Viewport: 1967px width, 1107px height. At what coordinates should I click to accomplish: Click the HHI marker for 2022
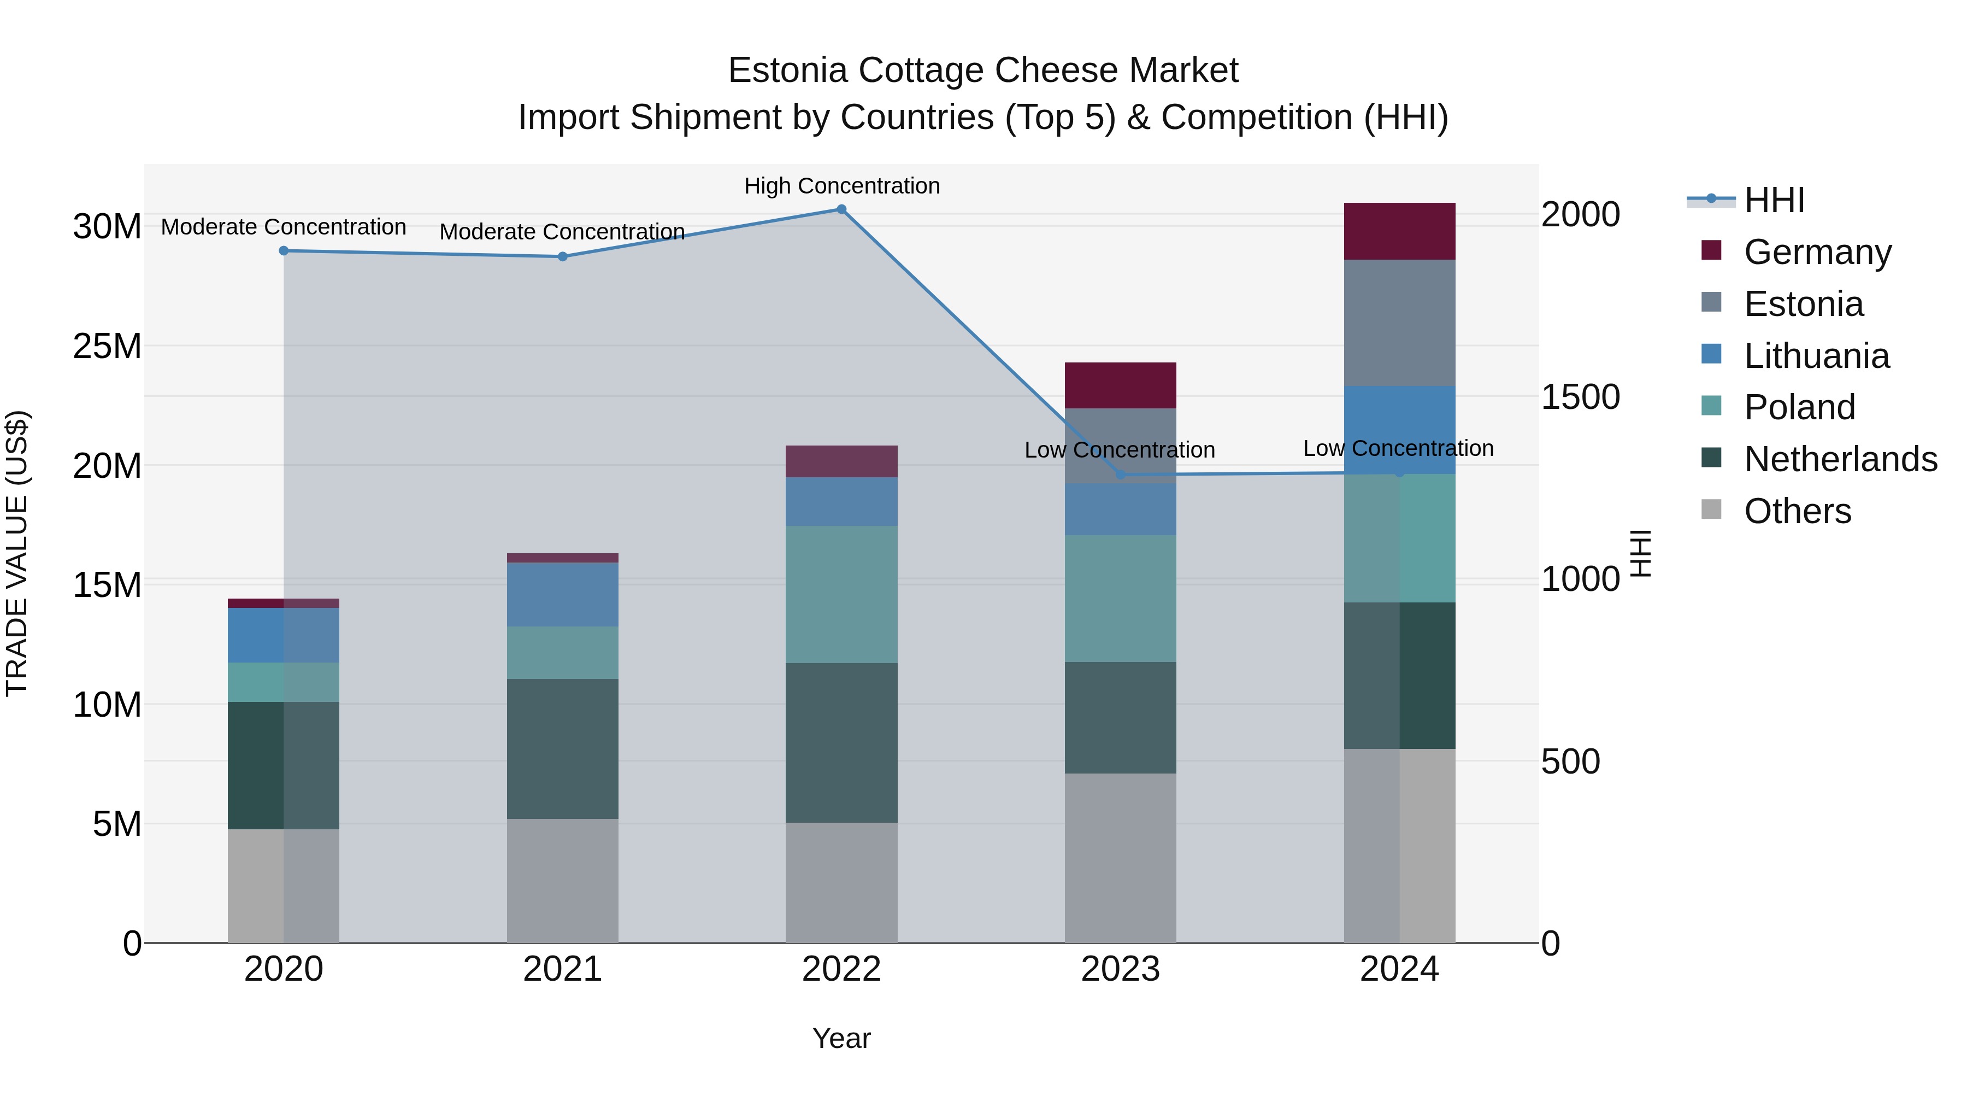point(841,209)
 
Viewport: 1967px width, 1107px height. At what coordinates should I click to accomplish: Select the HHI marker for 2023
point(1120,475)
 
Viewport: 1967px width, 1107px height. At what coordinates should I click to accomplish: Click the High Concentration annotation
point(841,186)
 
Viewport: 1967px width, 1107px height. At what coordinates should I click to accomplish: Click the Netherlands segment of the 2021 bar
point(562,749)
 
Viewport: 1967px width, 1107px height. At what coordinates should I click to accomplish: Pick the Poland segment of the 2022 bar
point(841,594)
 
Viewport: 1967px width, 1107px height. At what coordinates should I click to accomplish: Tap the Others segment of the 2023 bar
point(1120,857)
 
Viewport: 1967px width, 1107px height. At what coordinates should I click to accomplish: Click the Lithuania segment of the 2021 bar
point(562,594)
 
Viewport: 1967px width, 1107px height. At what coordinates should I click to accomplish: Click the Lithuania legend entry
point(1816,356)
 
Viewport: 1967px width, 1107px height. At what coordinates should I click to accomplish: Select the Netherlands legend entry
point(1840,459)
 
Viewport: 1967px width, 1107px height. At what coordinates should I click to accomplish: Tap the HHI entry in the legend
point(1773,200)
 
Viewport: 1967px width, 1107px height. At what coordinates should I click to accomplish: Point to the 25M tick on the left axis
point(107,346)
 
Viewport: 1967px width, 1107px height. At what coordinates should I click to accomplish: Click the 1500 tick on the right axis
point(1580,396)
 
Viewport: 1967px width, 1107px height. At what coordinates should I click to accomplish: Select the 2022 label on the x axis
point(841,969)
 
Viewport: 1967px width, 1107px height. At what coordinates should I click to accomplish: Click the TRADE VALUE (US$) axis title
point(17,553)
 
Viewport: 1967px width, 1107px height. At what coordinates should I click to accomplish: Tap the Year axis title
point(841,1038)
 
